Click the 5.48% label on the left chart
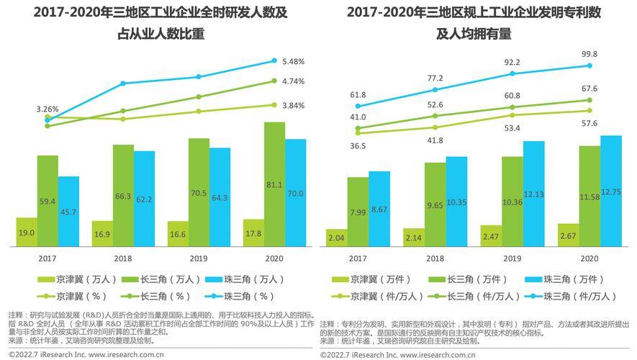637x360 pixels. click(x=294, y=60)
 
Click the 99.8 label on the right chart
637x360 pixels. click(x=589, y=54)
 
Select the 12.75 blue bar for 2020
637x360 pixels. click(x=610, y=191)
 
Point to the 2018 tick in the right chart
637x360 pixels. click(x=435, y=258)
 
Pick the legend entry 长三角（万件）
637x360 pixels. click(x=465, y=279)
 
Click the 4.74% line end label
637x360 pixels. click(x=294, y=81)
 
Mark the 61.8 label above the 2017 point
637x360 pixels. click(x=358, y=95)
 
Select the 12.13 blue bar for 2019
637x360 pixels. click(x=533, y=194)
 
